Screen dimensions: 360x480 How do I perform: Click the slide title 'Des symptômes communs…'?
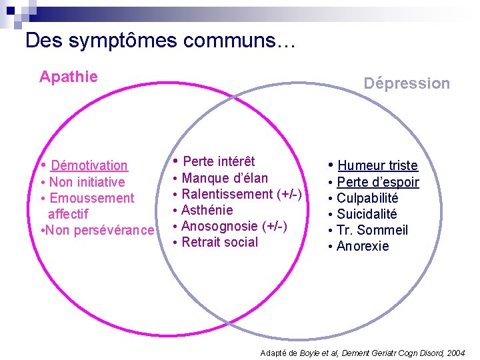[159, 41]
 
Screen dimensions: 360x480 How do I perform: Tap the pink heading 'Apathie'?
[68, 77]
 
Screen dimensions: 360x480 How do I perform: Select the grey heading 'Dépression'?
[407, 83]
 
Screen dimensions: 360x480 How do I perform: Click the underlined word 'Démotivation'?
[89, 165]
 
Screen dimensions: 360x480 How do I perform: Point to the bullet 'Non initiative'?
[87, 182]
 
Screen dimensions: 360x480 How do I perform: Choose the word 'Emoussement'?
[91, 198]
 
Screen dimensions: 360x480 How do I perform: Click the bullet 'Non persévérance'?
[99, 230]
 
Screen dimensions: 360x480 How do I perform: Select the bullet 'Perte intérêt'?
[219, 161]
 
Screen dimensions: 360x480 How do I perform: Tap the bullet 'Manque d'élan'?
[225, 178]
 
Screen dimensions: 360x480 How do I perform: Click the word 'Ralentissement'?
[227, 194]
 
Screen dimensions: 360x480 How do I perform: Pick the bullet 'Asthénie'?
[207, 210]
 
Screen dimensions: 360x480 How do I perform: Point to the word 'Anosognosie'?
[219, 226]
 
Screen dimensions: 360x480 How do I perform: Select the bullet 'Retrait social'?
[219, 242]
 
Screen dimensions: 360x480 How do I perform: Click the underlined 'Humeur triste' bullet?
[377, 165]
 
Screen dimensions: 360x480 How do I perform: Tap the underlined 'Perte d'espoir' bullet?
[377, 182]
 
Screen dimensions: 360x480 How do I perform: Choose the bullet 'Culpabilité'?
[367, 198]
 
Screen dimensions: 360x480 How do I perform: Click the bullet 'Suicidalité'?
[367, 214]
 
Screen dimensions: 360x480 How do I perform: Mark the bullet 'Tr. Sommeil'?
[372, 230]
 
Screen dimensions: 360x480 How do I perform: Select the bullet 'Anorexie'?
[363, 246]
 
